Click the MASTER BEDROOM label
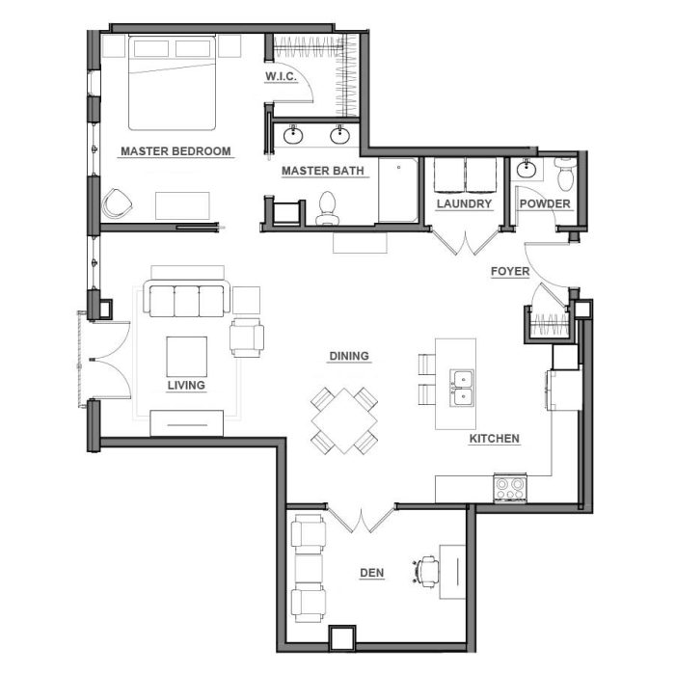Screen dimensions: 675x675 [175, 151]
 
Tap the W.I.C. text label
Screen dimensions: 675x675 [281, 76]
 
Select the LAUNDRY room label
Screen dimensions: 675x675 [464, 203]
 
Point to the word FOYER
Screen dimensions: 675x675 [510, 271]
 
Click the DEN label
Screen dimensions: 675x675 [372, 573]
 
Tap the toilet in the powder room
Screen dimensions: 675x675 [565, 175]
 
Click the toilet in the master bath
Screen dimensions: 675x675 [328, 208]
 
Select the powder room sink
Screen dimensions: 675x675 [526, 169]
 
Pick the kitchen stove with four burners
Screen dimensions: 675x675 [510, 488]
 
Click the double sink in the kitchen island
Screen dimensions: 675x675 [462, 388]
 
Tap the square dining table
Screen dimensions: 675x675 [344, 420]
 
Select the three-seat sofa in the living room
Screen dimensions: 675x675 [187, 298]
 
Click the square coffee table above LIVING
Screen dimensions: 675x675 [187, 357]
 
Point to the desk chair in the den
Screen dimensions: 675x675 [426, 571]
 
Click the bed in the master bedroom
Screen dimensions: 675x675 [172, 83]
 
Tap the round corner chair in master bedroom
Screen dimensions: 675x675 [117, 203]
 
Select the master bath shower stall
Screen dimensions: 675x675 [398, 190]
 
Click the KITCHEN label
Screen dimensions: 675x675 [494, 438]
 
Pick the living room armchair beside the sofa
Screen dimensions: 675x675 [247, 337]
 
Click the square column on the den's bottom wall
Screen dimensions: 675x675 [342, 638]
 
